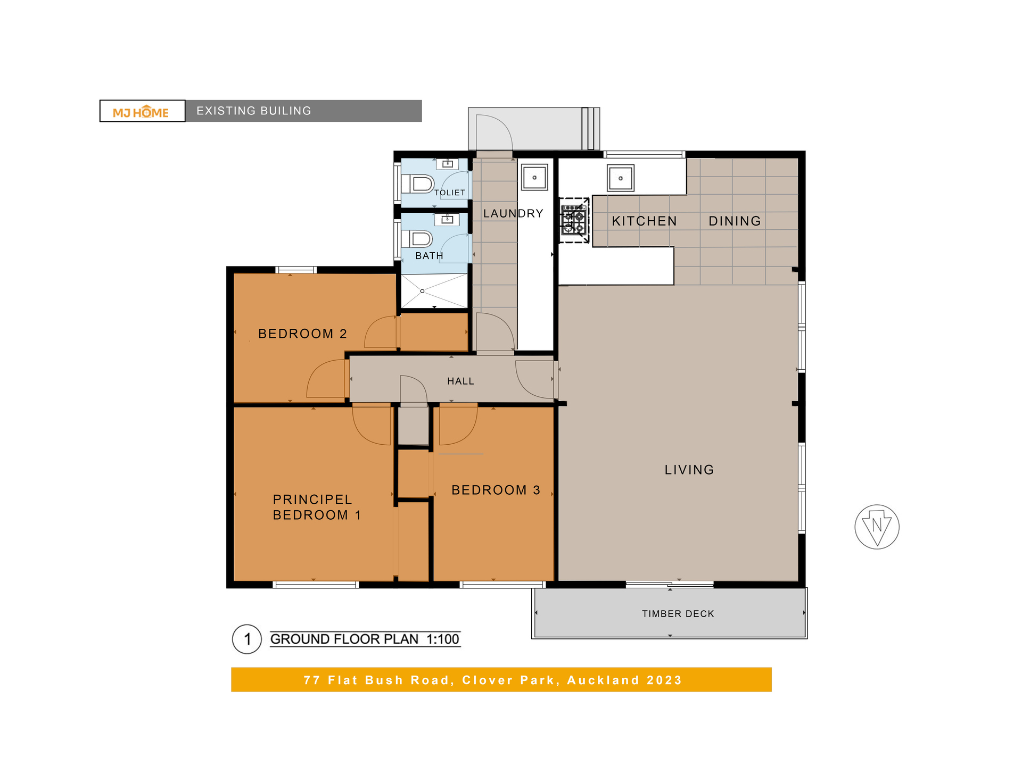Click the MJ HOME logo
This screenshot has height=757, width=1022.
(141, 112)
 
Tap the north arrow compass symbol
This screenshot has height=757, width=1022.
(877, 527)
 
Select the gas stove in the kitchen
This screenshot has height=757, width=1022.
(574, 220)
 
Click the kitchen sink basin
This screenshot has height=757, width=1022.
(621, 178)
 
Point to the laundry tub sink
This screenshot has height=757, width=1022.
(534, 177)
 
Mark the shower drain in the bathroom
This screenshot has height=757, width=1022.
(422, 291)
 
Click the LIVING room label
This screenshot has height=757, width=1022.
(689, 470)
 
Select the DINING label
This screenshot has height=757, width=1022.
(735, 221)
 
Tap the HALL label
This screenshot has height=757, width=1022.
(460, 381)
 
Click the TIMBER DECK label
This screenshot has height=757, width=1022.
(678, 614)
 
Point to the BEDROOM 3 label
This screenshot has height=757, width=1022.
(496, 490)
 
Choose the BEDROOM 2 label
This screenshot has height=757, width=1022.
(302, 334)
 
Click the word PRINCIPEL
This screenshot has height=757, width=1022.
(312, 500)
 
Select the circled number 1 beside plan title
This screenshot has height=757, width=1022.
(247, 639)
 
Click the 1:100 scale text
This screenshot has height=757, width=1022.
(443, 639)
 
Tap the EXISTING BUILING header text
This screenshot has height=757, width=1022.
(254, 111)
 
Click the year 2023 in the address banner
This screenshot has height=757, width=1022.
(664, 680)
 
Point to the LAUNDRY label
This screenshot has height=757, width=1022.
(513, 213)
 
